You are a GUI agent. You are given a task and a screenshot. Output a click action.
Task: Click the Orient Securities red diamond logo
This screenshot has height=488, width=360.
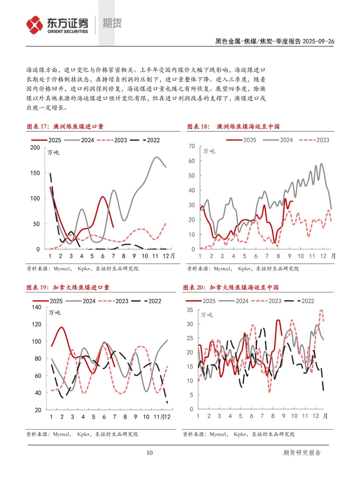(x=35, y=25)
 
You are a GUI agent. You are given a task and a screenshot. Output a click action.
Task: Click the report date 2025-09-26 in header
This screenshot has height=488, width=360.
(x=318, y=41)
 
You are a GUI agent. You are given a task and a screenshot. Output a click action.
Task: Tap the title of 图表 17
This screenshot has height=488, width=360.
(x=65, y=127)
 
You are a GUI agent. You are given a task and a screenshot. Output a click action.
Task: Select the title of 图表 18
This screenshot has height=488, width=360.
(x=233, y=127)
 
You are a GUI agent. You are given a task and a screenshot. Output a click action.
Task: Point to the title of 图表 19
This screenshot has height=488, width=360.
(x=68, y=287)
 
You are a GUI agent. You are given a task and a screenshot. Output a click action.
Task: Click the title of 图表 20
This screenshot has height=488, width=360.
(x=231, y=287)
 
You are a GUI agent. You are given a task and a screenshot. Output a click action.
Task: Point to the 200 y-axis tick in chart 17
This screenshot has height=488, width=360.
(x=35, y=148)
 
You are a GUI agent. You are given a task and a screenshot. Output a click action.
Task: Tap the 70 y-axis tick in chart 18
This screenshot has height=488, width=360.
(x=191, y=146)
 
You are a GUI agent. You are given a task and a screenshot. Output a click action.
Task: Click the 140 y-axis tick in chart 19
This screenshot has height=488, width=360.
(x=37, y=307)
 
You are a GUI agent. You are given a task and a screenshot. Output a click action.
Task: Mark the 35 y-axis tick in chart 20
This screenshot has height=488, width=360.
(x=190, y=310)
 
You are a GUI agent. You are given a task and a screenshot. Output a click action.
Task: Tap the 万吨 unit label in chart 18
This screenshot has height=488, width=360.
(x=209, y=151)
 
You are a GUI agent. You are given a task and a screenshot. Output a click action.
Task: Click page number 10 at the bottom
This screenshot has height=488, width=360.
(x=150, y=452)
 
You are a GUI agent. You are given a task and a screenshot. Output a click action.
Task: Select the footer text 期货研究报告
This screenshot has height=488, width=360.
(x=302, y=453)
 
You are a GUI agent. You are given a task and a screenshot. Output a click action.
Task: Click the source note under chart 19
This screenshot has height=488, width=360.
(x=82, y=434)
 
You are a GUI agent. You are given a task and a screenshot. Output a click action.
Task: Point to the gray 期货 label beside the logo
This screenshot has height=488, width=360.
(x=112, y=23)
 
